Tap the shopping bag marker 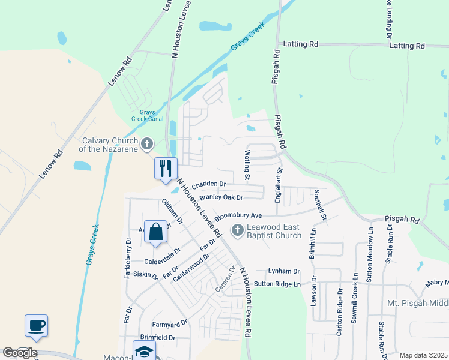click(155, 232)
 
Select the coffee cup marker click(37, 325)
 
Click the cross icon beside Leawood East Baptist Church click(238, 230)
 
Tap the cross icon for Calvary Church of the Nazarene click(146, 144)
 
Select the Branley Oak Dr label click(221, 197)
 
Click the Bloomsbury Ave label click(238, 214)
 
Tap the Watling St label click(247, 166)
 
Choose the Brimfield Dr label click(157, 337)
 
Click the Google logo click(20, 353)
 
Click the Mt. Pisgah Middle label click(414, 303)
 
